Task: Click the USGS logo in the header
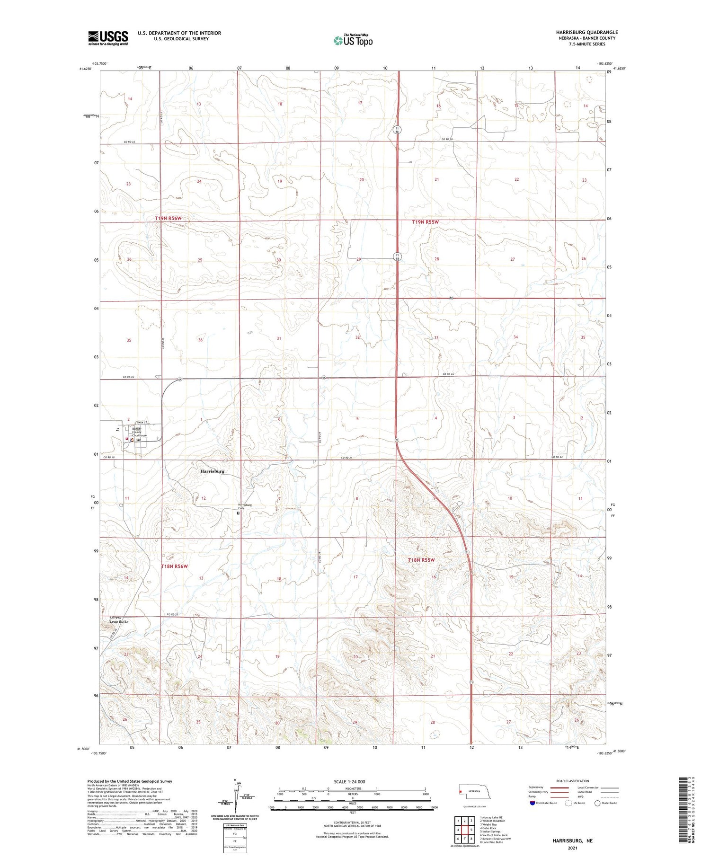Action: coord(108,38)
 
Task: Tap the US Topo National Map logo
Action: coord(353,40)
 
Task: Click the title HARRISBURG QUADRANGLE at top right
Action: coord(587,32)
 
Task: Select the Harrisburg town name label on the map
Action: coord(212,471)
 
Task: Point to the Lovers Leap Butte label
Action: coord(119,619)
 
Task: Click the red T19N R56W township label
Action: coord(168,218)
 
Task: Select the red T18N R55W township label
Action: coord(421,560)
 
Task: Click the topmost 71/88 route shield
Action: coord(398,129)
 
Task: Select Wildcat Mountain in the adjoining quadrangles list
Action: coord(494,821)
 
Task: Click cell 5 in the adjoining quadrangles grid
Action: coord(471,830)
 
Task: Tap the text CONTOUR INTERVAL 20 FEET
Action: coord(352,823)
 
